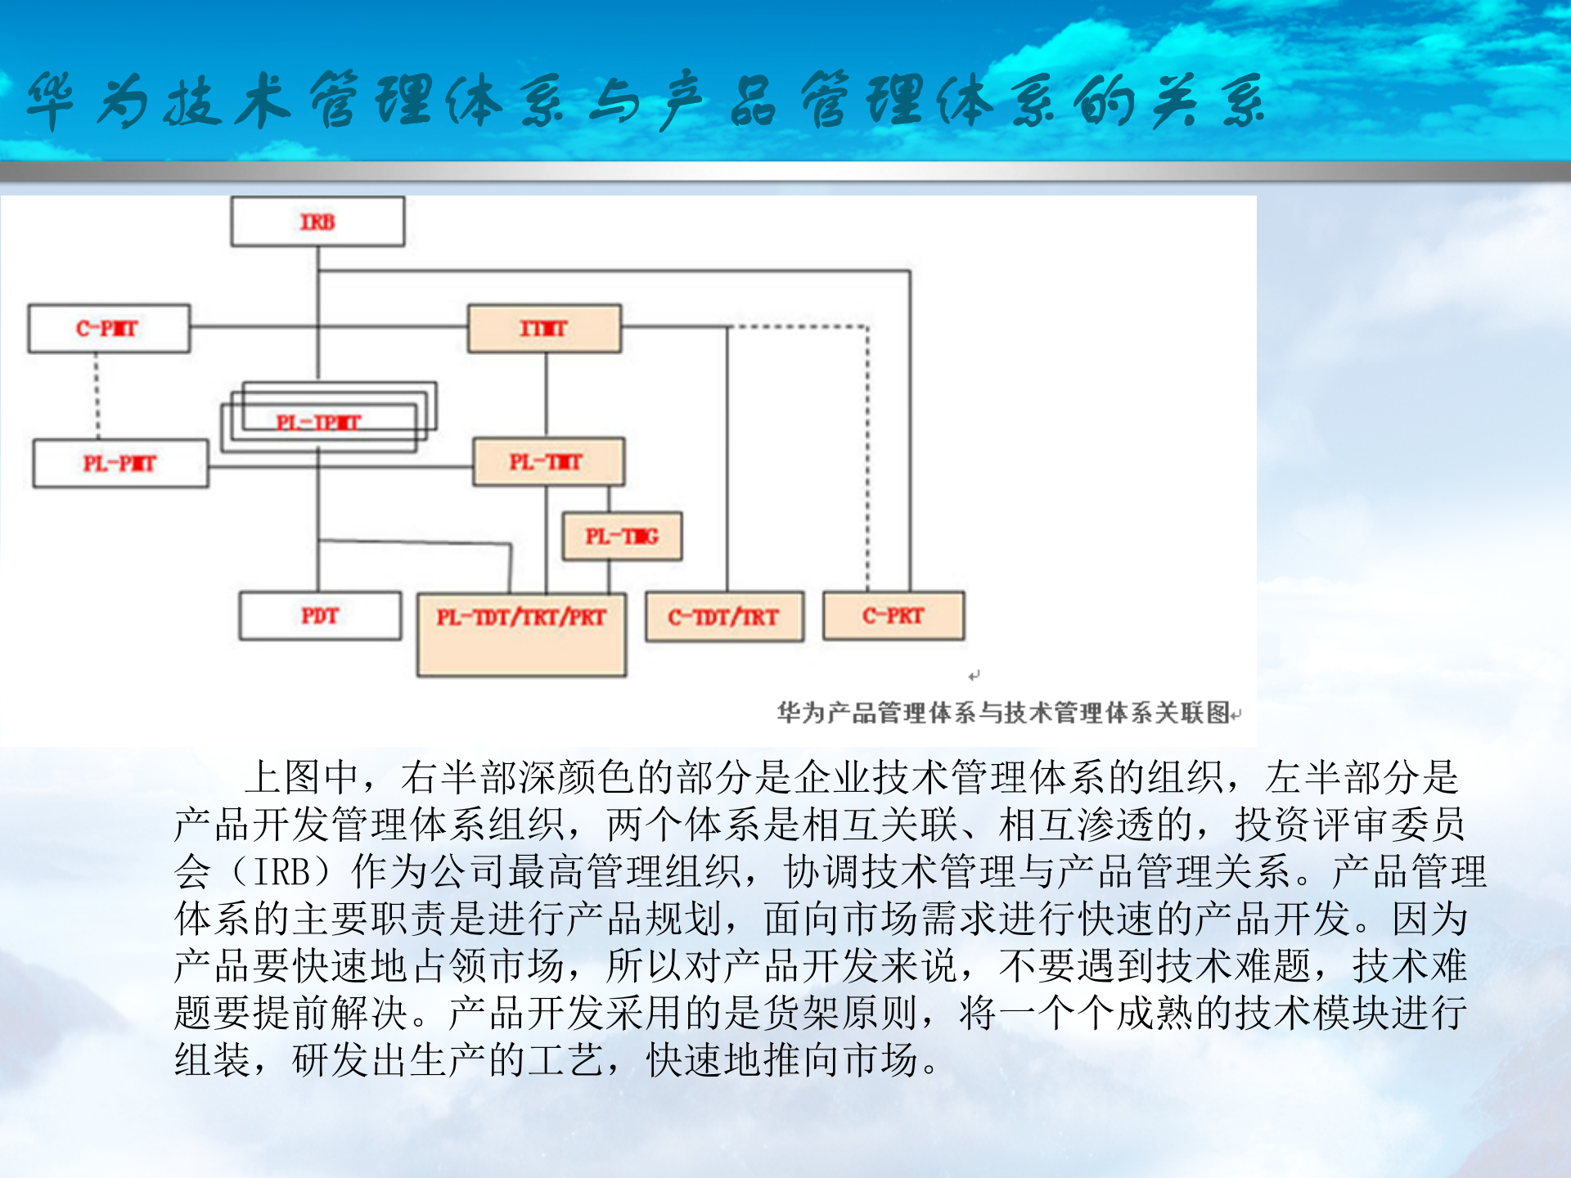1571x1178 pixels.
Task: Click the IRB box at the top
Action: [317, 222]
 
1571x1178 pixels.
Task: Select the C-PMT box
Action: [108, 329]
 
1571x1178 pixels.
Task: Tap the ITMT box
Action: [544, 329]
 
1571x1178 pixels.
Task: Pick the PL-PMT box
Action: [120, 464]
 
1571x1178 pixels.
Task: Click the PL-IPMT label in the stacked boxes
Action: [318, 423]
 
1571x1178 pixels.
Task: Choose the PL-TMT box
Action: [547, 462]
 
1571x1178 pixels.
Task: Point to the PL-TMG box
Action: [622, 537]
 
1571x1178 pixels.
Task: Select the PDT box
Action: [320, 616]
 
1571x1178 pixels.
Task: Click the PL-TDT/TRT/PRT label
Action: [521, 618]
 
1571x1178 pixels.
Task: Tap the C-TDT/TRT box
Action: [724, 617]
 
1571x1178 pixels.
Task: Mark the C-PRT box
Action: [894, 616]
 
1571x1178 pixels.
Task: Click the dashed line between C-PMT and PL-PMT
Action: [97, 397]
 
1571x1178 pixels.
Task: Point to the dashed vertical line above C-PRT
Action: [868, 458]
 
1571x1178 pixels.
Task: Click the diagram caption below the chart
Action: [1004, 713]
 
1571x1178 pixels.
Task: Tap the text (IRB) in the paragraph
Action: [283, 872]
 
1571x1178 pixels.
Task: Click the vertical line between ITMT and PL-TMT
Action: [547, 394]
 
